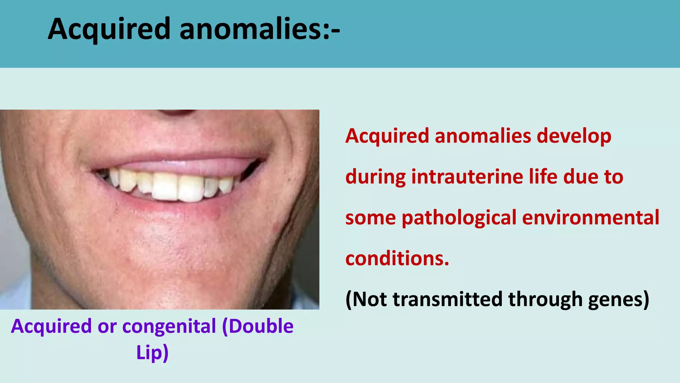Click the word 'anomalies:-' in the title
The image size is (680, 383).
pos(260,29)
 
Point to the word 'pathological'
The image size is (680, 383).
pos(459,218)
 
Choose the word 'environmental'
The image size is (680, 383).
pos(591,217)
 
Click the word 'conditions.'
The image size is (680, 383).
pos(397,259)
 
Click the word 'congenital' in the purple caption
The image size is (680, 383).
pos(169,326)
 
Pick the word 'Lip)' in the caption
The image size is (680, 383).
pos(152,352)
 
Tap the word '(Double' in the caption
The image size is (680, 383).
pos(258,326)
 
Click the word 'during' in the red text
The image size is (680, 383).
pos(375,177)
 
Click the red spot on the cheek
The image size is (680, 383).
pos(275,228)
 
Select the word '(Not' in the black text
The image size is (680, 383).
pos(366,299)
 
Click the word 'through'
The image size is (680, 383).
pos(545,299)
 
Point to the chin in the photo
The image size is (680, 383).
pos(166,253)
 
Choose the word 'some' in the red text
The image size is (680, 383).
pos(370,218)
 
